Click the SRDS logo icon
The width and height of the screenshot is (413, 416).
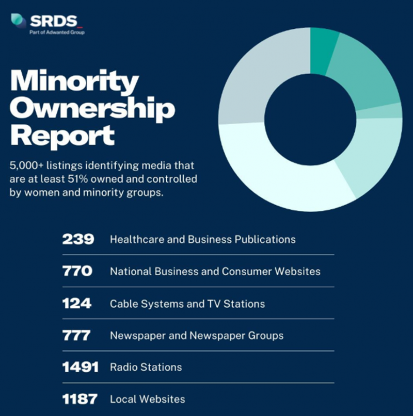click(19, 21)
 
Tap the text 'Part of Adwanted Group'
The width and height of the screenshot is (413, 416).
click(57, 32)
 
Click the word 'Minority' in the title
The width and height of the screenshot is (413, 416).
click(74, 82)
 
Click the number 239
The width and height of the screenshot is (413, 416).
click(78, 239)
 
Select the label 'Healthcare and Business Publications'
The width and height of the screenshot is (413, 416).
click(202, 240)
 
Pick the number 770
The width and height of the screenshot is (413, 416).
click(77, 271)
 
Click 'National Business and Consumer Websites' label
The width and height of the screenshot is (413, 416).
click(215, 272)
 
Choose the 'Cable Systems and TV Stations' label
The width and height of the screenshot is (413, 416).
click(187, 304)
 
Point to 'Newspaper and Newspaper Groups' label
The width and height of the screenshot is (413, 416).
click(196, 336)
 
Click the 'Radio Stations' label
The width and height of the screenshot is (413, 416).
click(146, 368)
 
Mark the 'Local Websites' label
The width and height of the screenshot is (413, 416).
click(147, 400)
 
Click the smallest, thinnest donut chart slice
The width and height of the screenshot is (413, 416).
click(393, 110)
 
